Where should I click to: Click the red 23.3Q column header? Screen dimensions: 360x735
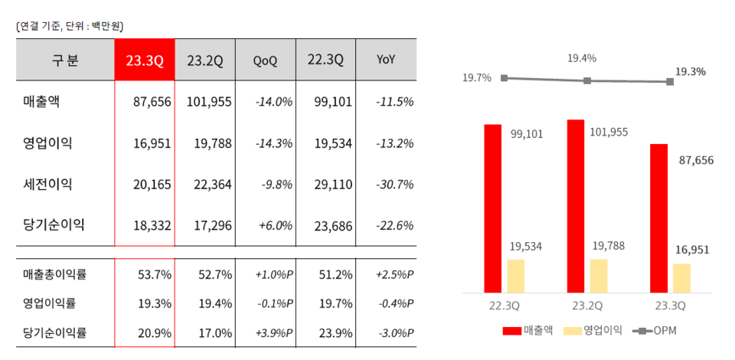pos(145,60)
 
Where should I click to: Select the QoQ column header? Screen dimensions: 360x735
pos(265,60)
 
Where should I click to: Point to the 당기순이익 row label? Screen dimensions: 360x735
pos(53,224)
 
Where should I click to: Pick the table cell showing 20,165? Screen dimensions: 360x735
pos(153,184)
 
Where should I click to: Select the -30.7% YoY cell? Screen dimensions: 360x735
pos(395,184)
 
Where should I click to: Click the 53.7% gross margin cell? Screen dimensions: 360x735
pos(154,273)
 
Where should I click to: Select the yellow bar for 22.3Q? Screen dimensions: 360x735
pos(516,276)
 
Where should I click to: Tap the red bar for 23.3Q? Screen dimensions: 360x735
pos(658,218)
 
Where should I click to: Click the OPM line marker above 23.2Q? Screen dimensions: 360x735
pos(587,80)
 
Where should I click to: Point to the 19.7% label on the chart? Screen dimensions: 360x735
pos(476,78)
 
